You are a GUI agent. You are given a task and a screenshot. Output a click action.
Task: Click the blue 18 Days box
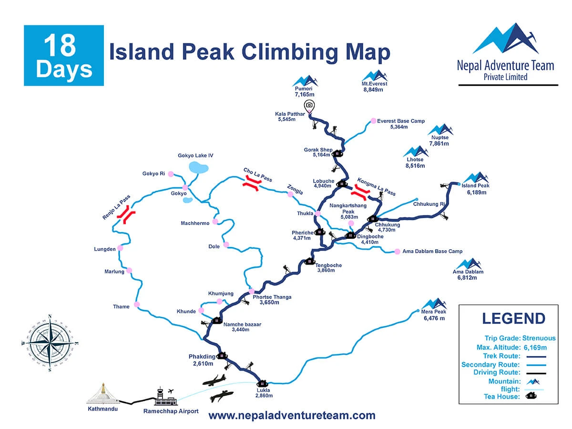pos(64,55)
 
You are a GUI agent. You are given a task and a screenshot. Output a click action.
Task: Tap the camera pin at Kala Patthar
pos(309,106)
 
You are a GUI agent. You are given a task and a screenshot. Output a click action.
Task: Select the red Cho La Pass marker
pos(251,184)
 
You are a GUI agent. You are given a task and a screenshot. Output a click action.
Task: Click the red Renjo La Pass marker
pos(127,214)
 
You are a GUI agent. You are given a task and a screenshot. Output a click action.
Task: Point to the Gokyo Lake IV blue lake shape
pos(198,167)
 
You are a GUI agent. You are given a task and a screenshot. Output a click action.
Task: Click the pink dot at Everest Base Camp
pos(373,121)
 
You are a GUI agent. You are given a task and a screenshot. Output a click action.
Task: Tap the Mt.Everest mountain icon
pos(374,76)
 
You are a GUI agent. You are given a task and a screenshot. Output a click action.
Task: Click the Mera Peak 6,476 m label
pos(434,315)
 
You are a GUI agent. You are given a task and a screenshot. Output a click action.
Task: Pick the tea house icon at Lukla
pos(262,382)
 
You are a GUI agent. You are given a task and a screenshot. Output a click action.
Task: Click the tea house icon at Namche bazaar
pos(216,320)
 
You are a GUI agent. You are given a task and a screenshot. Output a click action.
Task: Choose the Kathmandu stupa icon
pos(102,393)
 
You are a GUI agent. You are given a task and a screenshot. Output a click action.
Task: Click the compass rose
pos(50,342)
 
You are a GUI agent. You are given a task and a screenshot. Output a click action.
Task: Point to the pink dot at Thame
pos(137,305)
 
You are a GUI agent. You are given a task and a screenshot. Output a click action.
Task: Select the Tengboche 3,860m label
pos(329,268)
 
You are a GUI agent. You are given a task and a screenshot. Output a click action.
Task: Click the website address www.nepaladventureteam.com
pos(292,416)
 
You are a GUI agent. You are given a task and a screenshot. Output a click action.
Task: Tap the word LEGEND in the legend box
pos(513,318)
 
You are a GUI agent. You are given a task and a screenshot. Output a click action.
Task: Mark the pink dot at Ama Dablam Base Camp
pos(397,251)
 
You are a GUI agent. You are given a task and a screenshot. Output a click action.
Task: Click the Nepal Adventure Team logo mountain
pos(505,39)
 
